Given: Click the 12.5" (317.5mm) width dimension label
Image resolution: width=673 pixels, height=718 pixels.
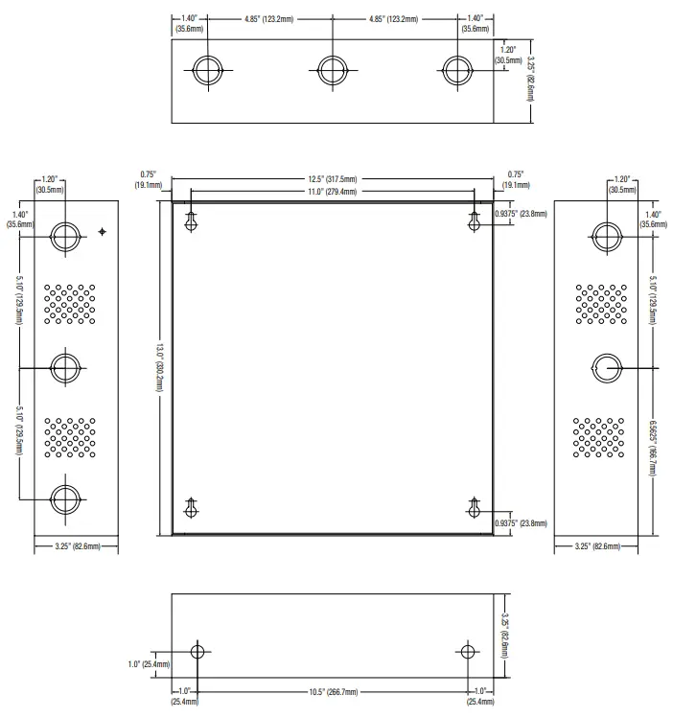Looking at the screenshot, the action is (x=333, y=179).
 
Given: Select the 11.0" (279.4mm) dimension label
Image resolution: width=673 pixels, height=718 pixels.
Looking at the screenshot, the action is (x=333, y=192).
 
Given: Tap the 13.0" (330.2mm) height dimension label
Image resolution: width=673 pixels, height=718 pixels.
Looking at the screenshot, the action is (x=160, y=368).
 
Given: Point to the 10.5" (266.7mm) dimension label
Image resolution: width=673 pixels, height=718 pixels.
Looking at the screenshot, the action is (x=334, y=692).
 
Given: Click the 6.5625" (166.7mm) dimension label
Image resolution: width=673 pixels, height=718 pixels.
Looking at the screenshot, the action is (x=653, y=448).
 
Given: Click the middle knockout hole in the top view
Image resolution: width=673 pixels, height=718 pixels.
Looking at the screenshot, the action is (x=333, y=70).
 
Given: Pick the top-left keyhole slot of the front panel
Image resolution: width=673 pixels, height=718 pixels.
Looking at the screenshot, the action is (x=191, y=221).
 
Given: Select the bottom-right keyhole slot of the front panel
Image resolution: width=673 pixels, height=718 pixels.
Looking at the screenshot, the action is (x=475, y=507).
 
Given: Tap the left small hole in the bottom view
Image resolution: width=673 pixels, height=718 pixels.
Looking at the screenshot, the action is (x=197, y=652).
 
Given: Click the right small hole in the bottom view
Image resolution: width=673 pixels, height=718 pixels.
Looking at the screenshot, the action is (x=468, y=652).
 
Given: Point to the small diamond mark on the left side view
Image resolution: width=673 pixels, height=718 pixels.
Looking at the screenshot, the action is (x=102, y=232).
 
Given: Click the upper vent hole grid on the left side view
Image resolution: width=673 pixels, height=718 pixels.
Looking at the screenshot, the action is (x=70, y=304).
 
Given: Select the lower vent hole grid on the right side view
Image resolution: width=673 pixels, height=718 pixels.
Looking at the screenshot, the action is (x=598, y=437).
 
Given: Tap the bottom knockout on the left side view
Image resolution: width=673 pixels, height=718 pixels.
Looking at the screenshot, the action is (x=65, y=499).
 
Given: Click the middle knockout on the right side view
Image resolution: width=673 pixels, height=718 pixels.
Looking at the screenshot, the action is (x=607, y=368).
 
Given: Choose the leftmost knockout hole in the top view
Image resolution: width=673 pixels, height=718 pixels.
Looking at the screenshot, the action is (x=208, y=70).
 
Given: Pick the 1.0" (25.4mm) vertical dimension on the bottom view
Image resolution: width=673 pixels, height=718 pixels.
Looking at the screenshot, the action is (x=149, y=664).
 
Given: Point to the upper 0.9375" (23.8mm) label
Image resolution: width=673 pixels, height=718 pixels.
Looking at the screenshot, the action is (x=521, y=214).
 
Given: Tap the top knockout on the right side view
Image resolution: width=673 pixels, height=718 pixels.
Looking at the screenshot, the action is (x=607, y=237).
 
